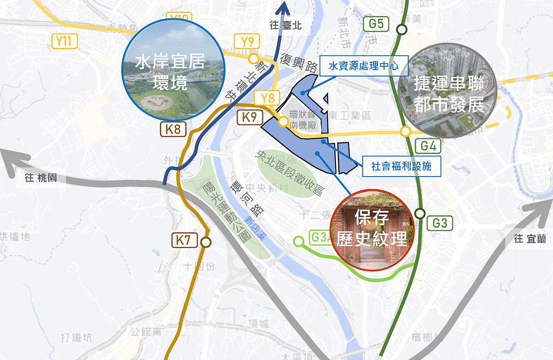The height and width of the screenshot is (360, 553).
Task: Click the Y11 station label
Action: click(64, 41)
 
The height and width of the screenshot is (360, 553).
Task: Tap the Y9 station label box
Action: click(247, 42)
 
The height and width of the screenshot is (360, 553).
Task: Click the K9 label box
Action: click(249, 117)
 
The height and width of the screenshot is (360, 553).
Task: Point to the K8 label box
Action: click(173, 129)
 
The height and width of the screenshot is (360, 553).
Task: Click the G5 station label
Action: click(376, 24)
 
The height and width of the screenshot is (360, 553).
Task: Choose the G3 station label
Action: click(440, 224)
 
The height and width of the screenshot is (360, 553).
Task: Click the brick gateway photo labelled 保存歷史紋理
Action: click(372, 230)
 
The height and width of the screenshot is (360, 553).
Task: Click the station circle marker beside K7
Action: click(206, 242)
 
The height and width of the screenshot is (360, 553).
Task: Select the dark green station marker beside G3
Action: click(420, 213)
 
